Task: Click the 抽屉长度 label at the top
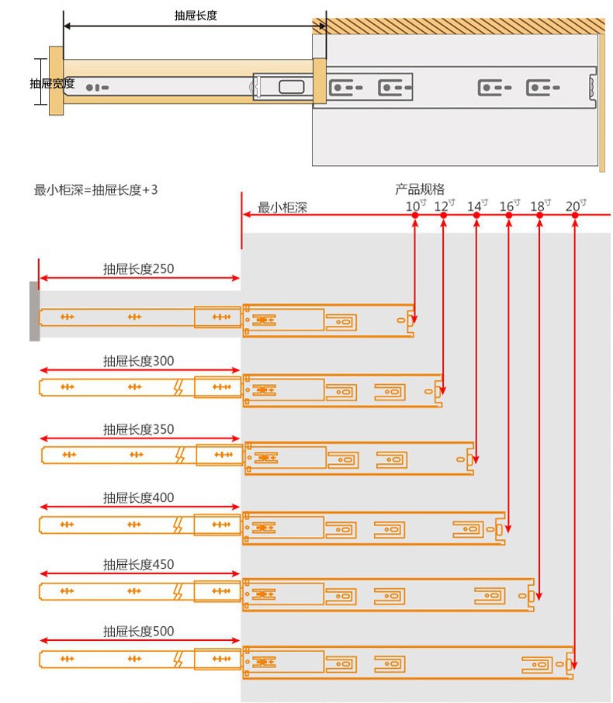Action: point(196,16)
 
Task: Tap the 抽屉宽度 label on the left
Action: point(52,83)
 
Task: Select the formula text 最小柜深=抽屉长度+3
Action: point(95,190)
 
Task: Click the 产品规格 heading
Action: point(420,189)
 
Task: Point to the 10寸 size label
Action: point(416,206)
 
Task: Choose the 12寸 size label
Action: point(445,206)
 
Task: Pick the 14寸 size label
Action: point(477,206)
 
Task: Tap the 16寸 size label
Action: point(510,206)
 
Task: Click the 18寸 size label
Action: point(541,206)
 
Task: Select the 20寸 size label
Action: point(577,206)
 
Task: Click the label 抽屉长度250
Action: point(139,269)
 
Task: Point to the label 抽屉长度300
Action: point(139,361)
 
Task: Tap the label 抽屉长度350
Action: point(139,430)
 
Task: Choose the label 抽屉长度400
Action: point(139,497)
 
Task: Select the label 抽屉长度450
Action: point(139,564)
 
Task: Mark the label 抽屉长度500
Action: point(139,632)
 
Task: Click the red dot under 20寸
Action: point(575,215)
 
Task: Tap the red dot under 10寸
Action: point(415,215)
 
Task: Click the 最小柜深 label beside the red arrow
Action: point(282,208)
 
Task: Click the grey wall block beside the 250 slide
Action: point(34,311)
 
